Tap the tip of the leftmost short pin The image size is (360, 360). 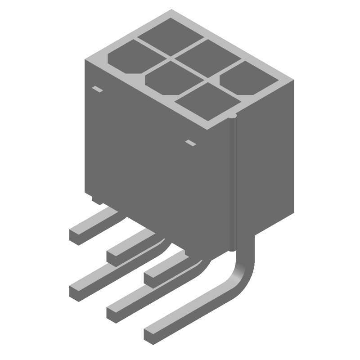[x=76, y=235]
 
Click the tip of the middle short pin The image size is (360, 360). [x=113, y=255]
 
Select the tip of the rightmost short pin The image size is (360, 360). [x=150, y=275]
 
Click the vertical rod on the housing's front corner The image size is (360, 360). [x=232, y=180]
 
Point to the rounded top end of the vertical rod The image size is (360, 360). [x=232, y=118]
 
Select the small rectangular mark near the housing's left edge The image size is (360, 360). [x=97, y=89]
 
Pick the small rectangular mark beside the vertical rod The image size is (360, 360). [x=191, y=143]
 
